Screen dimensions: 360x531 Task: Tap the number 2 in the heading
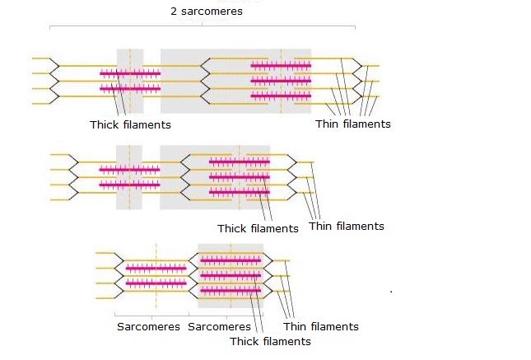click(174, 12)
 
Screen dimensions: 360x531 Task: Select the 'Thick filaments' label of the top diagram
click(130, 124)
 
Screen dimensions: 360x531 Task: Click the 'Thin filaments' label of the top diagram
click(352, 124)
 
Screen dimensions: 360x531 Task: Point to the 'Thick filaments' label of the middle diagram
click(258, 228)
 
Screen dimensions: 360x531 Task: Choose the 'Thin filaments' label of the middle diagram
click(347, 226)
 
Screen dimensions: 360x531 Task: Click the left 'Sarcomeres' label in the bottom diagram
click(148, 327)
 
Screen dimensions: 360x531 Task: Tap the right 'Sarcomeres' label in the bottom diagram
click(219, 327)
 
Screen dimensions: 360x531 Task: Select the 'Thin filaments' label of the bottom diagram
click(321, 326)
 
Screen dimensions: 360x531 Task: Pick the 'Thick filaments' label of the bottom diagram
click(270, 340)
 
